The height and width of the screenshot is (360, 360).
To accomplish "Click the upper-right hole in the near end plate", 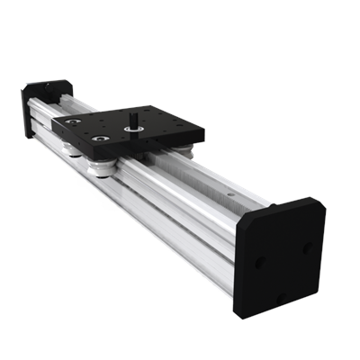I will coord(307,244).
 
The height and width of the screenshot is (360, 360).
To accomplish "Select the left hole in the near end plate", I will coord(258,262).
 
